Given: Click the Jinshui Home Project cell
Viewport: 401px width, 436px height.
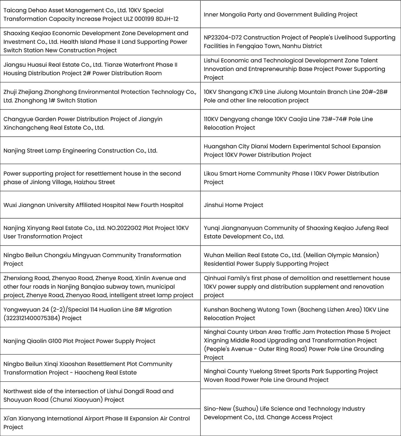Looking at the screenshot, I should click(233, 205).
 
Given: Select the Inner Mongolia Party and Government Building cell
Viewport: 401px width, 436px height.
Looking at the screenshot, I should click(280, 14).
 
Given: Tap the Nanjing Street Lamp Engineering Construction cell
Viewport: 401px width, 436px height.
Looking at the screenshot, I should click(80, 151).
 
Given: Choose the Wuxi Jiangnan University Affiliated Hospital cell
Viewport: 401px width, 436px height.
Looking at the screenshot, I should click(93, 205).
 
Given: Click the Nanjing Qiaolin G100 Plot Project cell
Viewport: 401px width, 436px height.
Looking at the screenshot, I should click(79, 341).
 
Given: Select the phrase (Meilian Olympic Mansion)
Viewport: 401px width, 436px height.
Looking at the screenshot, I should click(341, 255).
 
